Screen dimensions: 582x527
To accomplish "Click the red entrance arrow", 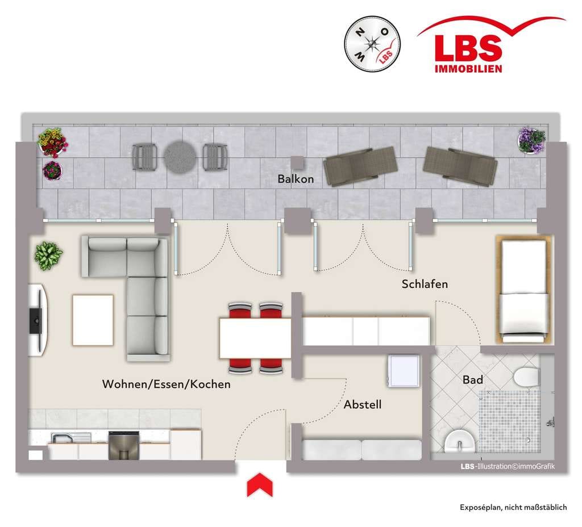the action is click(260, 485).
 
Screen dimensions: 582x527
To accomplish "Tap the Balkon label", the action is click(296, 179).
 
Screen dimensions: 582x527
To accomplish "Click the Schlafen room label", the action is click(425, 284).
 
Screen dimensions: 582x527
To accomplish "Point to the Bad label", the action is click(473, 380).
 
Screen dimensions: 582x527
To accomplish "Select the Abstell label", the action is click(363, 404).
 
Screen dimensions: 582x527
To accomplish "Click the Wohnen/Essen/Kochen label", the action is click(167, 384).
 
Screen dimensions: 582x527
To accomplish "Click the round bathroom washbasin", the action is click(460, 442).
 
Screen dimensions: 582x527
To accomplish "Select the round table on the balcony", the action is click(180, 158).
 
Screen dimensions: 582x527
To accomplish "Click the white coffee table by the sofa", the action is click(93, 320).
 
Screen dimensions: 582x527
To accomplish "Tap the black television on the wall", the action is click(36, 320).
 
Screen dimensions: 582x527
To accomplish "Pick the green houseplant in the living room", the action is click(48, 256).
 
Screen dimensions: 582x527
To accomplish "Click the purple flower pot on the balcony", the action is click(531, 140).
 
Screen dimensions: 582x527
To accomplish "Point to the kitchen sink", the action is click(70, 438).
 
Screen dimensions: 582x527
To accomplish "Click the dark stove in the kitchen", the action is click(123, 445).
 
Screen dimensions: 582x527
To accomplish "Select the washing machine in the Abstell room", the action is click(404, 371).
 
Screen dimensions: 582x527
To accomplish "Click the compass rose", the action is click(372, 44).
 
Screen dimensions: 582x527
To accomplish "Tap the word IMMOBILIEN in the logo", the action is click(468, 69).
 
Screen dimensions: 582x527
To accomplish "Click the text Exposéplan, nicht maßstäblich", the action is click(513, 507).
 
